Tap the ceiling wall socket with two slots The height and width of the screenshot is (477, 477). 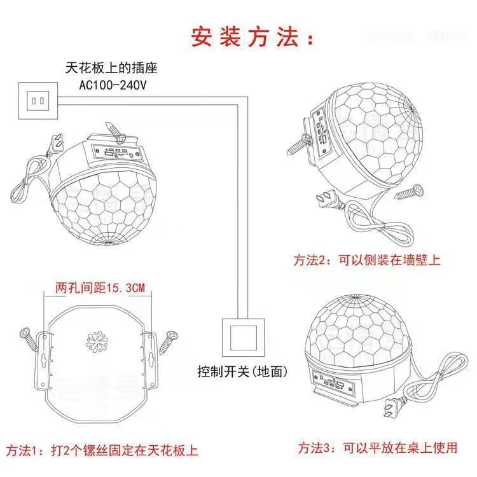point(38,100)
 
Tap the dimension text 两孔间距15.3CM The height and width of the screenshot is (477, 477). point(100,288)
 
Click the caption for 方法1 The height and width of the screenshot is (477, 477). point(102,451)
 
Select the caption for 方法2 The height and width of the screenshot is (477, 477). point(366,259)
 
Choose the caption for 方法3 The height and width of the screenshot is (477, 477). point(378,448)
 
